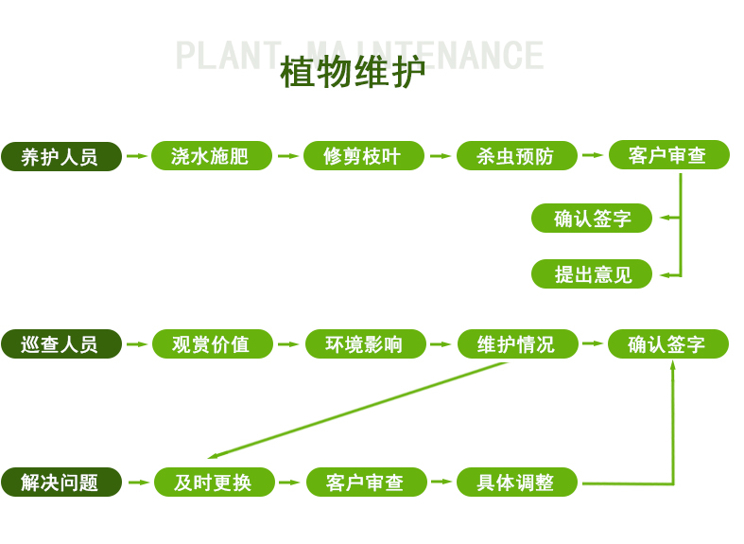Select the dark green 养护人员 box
tap(61, 156)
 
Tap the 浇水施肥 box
tap(212, 156)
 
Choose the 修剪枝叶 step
tap(363, 156)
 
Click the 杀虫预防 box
tap(516, 156)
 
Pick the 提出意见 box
tap(592, 274)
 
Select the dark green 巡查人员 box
tap(61, 344)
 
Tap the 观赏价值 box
tap(212, 344)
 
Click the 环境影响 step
tap(365, 344)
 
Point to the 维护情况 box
tap(517, 344)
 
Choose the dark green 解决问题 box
tap(61, 483)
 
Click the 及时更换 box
tap(214, 483)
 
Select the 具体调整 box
tap(516, 483)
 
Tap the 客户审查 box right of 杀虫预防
tap(668, 156)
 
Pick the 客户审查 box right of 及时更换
tap(366, 483)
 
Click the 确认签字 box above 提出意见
tap(592, 219)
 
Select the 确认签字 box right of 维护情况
tap(667, 344)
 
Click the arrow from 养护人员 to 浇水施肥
tap(137, 156)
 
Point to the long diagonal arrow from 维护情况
tap(359, 410)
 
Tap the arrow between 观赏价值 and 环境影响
tap(288, 344)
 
